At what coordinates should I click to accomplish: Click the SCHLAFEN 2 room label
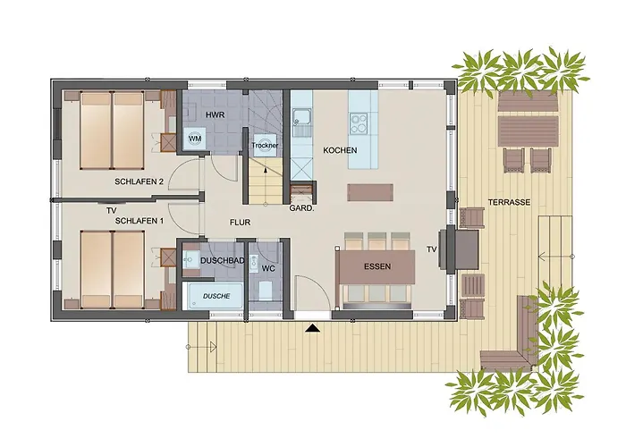(x=138, y=181)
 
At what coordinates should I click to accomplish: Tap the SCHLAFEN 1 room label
(x=138, y=220)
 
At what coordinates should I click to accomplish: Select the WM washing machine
(x=194, y=139)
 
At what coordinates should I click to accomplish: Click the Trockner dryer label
(x=264, y=145)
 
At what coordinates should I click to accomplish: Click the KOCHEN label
(x=340, y=151)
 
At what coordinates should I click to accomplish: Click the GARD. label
(x=300, y=209)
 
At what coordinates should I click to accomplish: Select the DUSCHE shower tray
(x=215, y=295)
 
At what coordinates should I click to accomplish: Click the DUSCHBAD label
(x=222, y=260)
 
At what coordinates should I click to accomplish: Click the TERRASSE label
(x=511, y=202)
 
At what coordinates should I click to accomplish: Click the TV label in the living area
(x=431, y=249)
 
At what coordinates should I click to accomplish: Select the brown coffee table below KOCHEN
(x=369, y=191)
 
